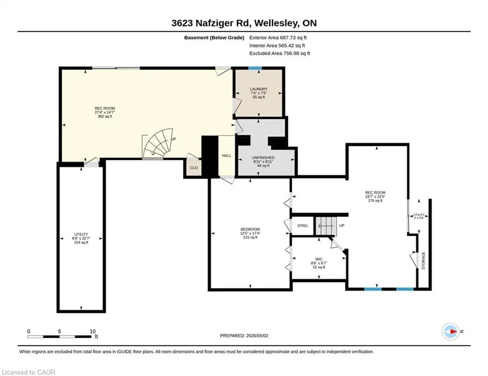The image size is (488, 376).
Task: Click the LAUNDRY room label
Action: pos(258,89)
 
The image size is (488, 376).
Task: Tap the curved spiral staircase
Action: pos(159,144)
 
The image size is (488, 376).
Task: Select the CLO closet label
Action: pos(194,168)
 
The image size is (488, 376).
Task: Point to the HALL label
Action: pos(227,155)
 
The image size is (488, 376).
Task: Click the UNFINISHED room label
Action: pos(263,158)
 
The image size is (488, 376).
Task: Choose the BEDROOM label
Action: pos(250,229)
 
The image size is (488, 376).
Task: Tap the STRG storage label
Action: pos(303,226)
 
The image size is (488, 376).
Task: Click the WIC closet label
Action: pos(319,259)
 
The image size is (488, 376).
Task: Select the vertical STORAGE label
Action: pos(423,260)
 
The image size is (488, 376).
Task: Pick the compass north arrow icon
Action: pos(451,331)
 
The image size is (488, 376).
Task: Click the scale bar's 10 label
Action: pos(92,331)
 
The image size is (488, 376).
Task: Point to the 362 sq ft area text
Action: pos(105,117)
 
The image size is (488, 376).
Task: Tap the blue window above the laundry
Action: pos(255,68)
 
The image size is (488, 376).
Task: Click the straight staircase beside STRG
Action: pos(326,226)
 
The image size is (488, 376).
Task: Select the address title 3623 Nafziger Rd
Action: pos(211,23)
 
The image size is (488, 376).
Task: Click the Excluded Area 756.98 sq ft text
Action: pos(280,53)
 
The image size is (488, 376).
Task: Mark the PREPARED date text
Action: pos(244,335)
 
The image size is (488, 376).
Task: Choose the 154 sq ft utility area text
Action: pos(81,242)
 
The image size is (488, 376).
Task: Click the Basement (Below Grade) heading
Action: pos(214,38)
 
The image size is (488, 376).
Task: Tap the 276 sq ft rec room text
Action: pos(375,201)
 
